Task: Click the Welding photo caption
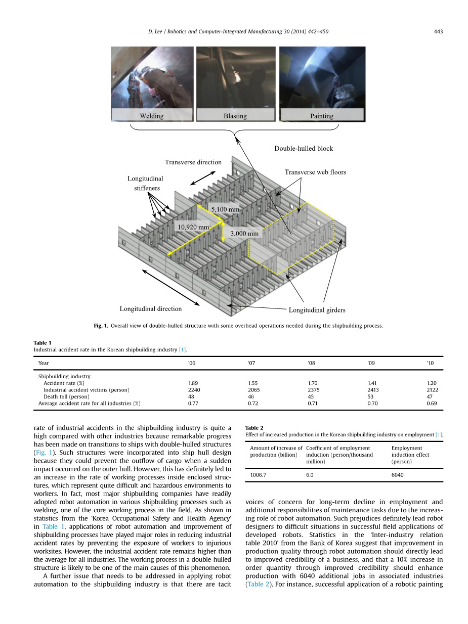tap(152, 116)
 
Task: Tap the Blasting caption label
tap(235, 116)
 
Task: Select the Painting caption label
tap(322, 116)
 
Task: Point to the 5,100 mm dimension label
tap(225, 209)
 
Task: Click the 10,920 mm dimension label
tap(193, 227)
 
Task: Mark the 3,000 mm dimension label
tap(244, 234)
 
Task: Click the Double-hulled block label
tap(304, 149)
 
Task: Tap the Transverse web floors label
tap(315, 172)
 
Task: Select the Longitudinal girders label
tap(317, 310)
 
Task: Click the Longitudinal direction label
tap(151, 308)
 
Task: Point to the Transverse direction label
tap(193, 162)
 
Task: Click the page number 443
tap(438, 32)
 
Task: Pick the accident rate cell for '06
tap(193, 383)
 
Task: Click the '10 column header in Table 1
tap(430, 363)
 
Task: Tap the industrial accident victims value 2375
tap(313, 390)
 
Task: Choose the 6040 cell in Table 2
tap(398, 475)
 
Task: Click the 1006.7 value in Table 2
tap(259, 475)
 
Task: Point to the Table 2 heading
tap(254, 428)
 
